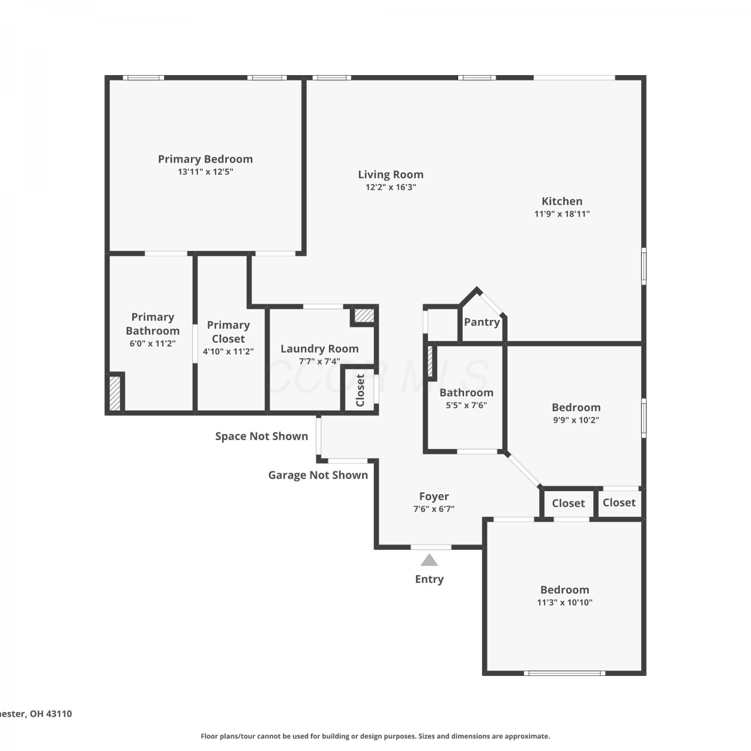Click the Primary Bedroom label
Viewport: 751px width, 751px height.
click(205, 159)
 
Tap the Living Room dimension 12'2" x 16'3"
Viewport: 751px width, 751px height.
click(391, 187)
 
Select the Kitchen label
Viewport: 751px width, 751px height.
click(562, 201)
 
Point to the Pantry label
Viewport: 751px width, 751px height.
click(482, 322)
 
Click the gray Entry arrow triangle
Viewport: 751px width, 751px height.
click(429, 560)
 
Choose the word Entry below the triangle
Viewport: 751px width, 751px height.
click(429, 579)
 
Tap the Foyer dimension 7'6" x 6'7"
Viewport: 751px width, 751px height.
click(434, 509)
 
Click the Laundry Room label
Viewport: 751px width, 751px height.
click(319, 348)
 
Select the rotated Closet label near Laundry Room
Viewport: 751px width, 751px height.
click(360, 391)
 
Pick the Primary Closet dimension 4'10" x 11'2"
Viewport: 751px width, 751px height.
click(228, 351)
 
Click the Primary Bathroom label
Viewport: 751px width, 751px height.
click(153, 324)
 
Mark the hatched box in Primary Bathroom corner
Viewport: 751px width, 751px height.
click(115, 393)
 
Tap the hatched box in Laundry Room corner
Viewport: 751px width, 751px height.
click(364, 315)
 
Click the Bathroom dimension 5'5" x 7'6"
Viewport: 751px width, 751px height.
click(466, 406)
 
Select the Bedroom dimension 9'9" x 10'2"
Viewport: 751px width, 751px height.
click(576, 420)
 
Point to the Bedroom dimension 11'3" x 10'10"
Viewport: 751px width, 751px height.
click(565, 602)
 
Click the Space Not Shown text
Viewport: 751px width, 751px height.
click(261, 436)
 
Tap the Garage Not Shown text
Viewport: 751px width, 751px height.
click(318, 475)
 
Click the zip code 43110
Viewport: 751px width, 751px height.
click(59, 713)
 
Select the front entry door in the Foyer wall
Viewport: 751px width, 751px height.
click(431, 547)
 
